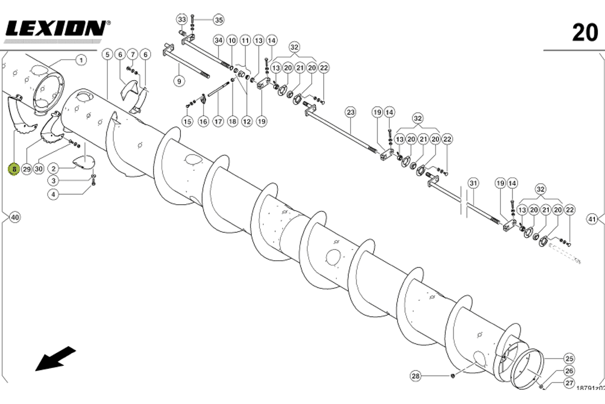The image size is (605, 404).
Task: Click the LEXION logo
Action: click(56, 28)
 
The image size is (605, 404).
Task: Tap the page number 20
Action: click(585, 33)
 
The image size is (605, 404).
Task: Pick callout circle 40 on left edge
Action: click(15, 217)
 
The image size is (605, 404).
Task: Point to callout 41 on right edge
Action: click(592, 219)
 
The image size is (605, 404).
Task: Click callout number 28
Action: click(415, 376)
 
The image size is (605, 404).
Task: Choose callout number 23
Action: click(350, 112)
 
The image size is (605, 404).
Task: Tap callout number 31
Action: click(473, 183)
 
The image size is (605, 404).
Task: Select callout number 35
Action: click(218, 20)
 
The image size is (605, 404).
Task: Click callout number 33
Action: click(182, 20)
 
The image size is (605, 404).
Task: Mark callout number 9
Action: click(179, 81)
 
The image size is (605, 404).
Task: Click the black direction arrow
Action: click(55, 359)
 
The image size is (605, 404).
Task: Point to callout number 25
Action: click(569, 358)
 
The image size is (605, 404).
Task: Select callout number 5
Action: click(107, 54)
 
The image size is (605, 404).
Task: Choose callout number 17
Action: click(217, 121)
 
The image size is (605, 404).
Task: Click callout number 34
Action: click(218, 40)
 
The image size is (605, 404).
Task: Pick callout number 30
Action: click(39, 169)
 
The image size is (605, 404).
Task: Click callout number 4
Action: click(53, 194)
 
